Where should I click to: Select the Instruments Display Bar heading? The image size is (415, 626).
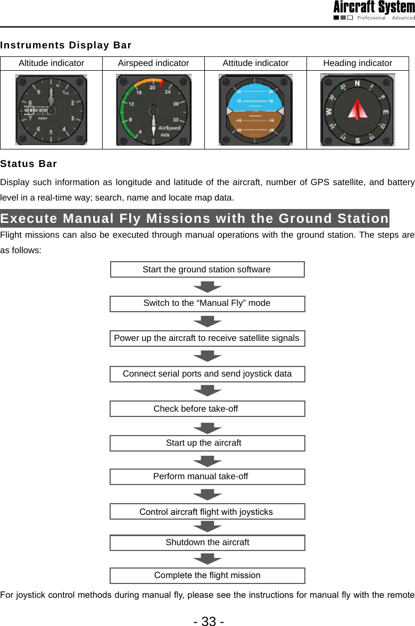pyautogui.click(x=66, y=45)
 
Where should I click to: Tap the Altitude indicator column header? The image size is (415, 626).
pyautogui.click(x=51, y=63)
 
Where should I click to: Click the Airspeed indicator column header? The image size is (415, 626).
pyautogui.click(x=153, y=63)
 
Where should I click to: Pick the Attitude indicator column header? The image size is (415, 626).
pyautogui.click(x=255, y=63)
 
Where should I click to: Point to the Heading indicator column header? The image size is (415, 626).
pyautogui.click(x=358, y=63)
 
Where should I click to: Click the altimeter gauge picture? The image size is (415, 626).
pyautogui.click(x=51, y=110)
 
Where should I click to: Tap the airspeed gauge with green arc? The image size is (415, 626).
pyautogui.click(x=154, y=110)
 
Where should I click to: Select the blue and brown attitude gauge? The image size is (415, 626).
pyautogui.click(x=255, y=110)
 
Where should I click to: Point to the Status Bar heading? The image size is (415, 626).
pyautogui.click(x=29, y=163)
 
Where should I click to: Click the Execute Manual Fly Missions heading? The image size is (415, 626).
pyautogui.click(x=195, y=219)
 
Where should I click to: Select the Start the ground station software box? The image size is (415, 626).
pyautogui.click(x=207, y=270)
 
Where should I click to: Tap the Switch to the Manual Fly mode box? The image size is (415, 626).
pyautogui.click(x=207, y=304)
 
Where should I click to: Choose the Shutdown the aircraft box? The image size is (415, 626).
pyautogui.click(x=207, y=542)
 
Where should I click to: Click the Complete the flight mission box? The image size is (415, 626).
pyautogui.click(x=207, y=575)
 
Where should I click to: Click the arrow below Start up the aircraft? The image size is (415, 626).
pyautogui.click(x=207, y=461)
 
